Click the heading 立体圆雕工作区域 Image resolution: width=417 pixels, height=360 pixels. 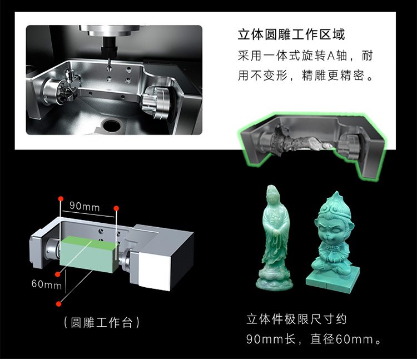tap(291, 35)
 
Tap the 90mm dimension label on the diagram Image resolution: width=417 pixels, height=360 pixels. tap(85, 206)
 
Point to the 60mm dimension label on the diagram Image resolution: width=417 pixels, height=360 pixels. tap(47, 284)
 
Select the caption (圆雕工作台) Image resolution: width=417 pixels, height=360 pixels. tap(102, 323)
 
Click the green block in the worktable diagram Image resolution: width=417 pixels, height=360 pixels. tap(88, 254)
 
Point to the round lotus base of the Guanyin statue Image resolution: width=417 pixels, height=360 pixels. tap(275, 281)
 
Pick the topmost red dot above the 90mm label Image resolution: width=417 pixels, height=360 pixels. tap(61, 198)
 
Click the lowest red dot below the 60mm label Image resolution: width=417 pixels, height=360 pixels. tap(59, 304)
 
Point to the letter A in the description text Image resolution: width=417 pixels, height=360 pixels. tap(331, 56)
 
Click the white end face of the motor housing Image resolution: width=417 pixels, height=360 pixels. tap(154, 269)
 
